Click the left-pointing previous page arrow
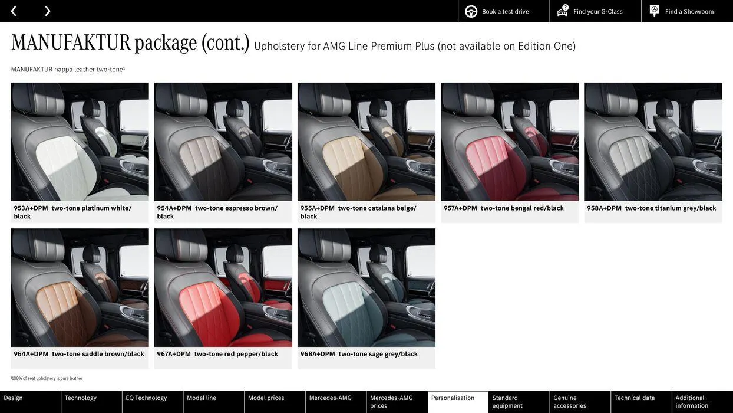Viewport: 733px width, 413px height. click(14, 11)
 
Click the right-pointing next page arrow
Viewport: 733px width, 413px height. click(47, 11)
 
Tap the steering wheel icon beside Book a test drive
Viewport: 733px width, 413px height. click(471, 11)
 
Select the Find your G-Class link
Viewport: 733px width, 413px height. click(597, 11)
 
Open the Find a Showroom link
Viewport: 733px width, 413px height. click(689, 11)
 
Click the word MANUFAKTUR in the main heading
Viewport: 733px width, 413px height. click(71, 42)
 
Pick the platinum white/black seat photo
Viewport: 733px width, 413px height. click(80, 142)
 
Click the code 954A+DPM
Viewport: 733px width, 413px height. click(174, 208)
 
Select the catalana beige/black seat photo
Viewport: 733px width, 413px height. click(366, 142)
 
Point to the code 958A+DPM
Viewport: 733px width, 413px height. click(604, 208)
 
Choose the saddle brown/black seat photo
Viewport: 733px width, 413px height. click(80, 288)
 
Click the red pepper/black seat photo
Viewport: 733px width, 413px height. click(223, 288)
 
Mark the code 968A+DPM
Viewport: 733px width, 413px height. click(318, 354)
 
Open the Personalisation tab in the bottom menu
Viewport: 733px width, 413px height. click(453, 398)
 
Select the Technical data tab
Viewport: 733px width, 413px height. click(635, 398)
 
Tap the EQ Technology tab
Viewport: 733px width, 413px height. click(146, 398)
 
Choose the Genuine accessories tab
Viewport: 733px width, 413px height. click(570, 402)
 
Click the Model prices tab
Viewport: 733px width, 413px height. click(266, 398)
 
